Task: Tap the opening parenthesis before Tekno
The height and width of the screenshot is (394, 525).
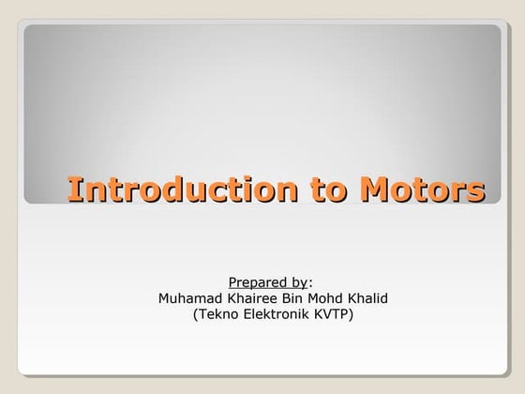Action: pyautogui.click(x=195, y=314)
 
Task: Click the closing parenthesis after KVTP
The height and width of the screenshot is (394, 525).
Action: pyautogui.click(x=352, y=314)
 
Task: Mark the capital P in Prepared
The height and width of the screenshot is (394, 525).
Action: pyautogui.click(x=232, y=282)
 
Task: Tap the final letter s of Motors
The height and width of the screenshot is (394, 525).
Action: pyautogui.click(x=476, y=190)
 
